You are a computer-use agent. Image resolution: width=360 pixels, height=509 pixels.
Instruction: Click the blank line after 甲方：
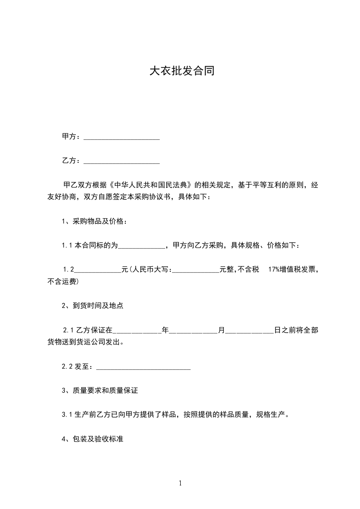pos(122,137)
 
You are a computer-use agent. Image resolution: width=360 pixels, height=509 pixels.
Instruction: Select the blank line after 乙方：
pos(122,161)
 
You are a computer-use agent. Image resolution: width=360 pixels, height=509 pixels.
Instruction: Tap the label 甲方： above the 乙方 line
pos(71,137)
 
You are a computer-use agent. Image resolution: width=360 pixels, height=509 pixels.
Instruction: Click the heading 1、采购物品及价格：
pos(94,221)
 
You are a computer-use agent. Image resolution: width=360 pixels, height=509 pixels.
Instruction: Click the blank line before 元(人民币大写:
pos(98,270)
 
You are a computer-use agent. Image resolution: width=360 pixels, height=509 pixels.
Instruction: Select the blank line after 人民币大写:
pos(196,270)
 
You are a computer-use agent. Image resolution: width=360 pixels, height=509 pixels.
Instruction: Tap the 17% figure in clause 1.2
pos(274,270)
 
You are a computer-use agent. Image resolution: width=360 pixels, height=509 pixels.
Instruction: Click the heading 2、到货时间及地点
pos(93,306)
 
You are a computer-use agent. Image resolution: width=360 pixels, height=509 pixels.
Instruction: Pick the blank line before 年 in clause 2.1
pos(137,331)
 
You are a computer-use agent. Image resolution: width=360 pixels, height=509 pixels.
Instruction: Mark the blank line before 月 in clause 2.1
pos(193,331)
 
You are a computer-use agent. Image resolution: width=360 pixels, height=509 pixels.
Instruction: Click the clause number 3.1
pos(67,415)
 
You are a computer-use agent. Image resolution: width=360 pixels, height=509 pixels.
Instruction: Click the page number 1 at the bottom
pos(180,483)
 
